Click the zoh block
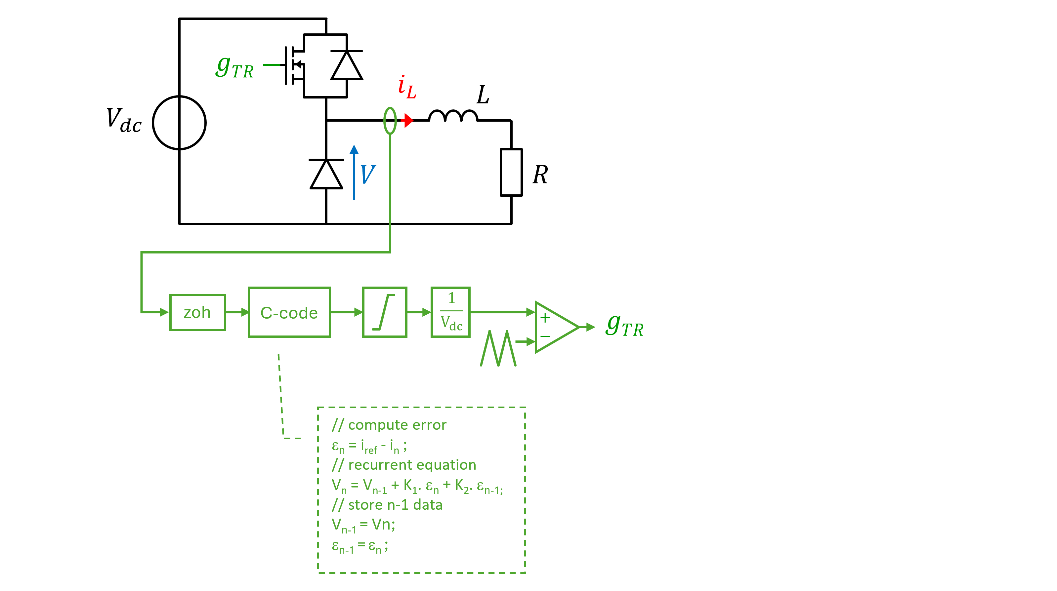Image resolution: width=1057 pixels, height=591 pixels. (197, 312)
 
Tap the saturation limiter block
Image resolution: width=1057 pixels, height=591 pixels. (385, 312)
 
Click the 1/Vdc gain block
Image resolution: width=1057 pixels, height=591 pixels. (450, 312)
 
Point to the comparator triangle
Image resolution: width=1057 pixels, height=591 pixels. (554, 327)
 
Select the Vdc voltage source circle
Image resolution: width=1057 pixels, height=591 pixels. (179, 123)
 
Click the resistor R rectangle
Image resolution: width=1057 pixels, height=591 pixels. (511, 172)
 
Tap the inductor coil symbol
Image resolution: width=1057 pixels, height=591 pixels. (453, 116)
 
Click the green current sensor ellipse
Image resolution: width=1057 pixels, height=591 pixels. (390, 121)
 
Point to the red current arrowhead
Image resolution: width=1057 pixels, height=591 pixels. (408, 121)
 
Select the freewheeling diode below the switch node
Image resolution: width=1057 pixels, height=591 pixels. (326, 174)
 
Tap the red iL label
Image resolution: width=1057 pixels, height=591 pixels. (407, 87)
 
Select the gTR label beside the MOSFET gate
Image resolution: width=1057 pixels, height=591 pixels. (235, 67)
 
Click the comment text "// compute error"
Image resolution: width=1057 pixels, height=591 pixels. (389, 425)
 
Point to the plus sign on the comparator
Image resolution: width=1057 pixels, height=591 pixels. (545, 318)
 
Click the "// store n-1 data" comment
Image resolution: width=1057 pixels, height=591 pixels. (387, 505)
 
